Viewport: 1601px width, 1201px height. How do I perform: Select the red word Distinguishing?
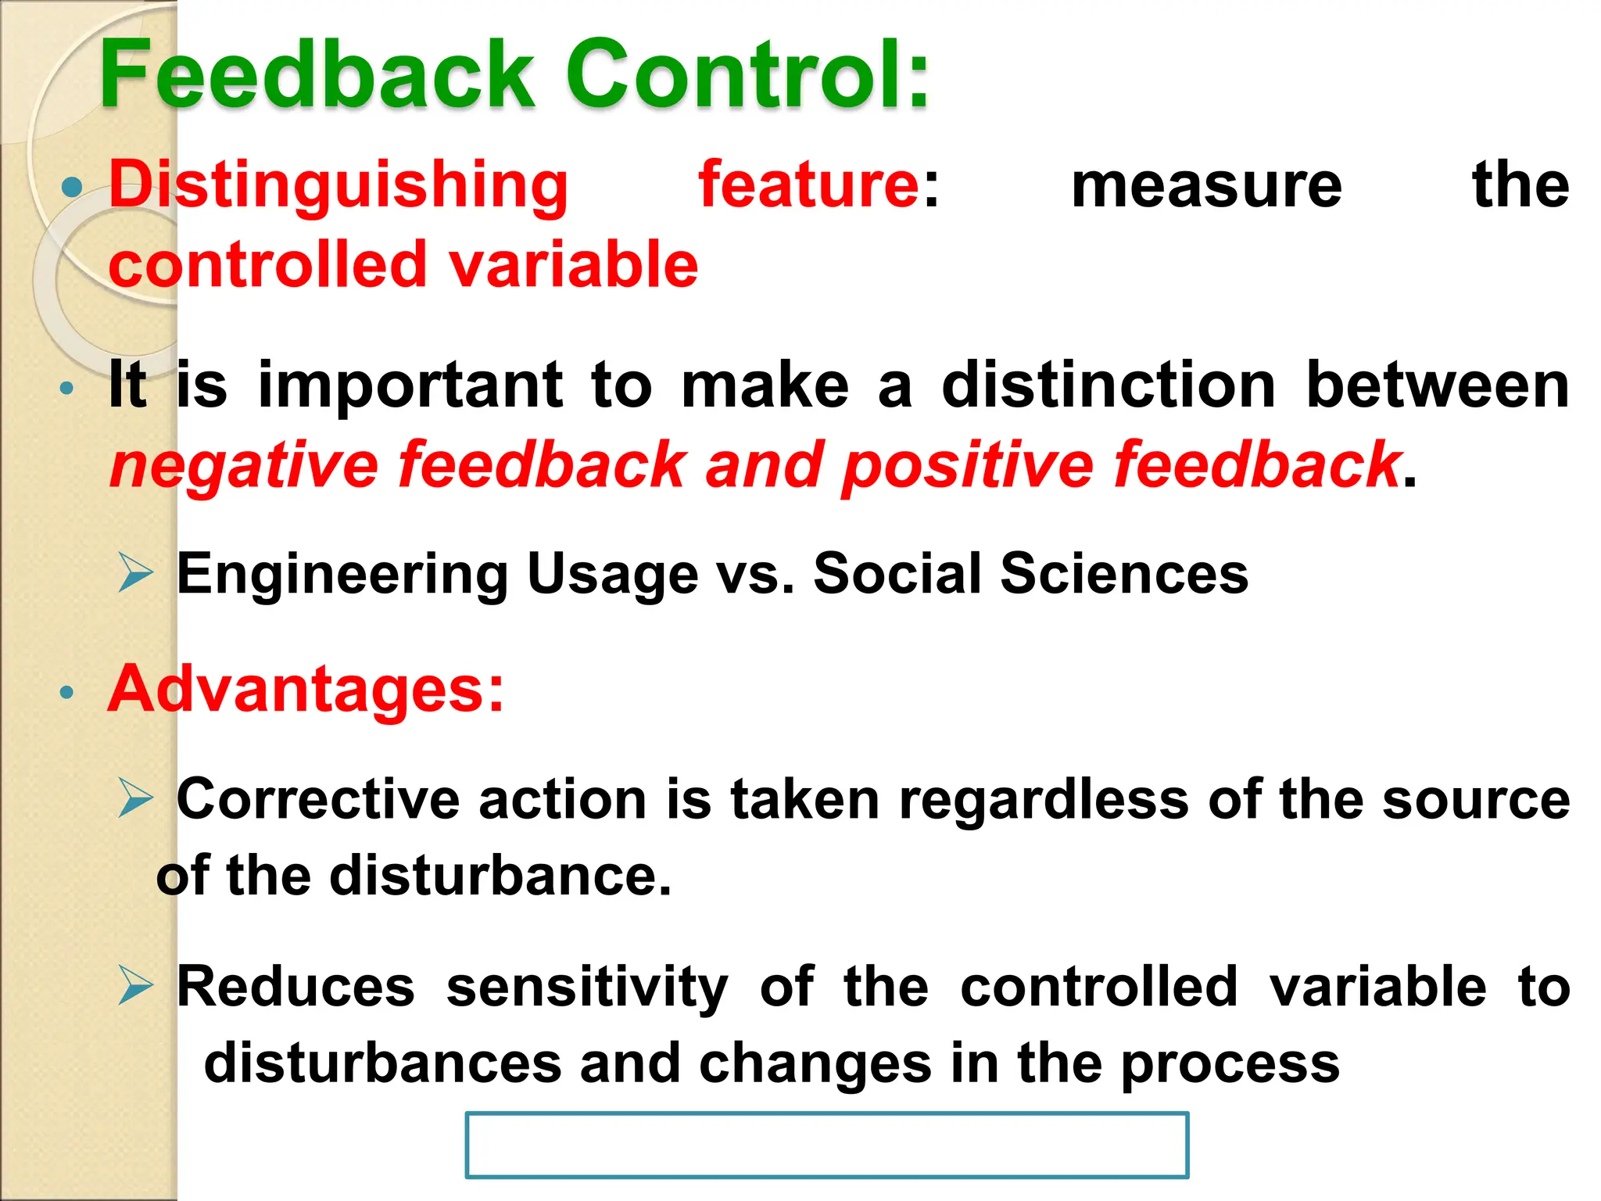point(338,186)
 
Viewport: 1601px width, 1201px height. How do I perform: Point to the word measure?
point(1205,186)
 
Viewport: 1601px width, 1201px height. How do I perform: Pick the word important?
point(410,385)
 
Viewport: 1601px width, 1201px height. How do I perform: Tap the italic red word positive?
point(967,465)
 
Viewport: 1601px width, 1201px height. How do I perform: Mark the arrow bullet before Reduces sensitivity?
point(136,984)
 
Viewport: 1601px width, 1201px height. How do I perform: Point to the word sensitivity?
point(586,987)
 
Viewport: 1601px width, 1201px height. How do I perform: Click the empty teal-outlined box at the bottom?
point(826,1145)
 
